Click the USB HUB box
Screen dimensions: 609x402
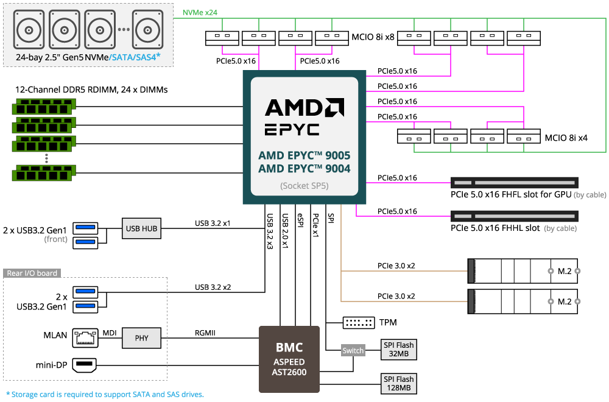coord(141,228)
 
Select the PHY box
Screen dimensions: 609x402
coord(141,338)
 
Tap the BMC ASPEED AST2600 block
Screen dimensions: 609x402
coord(289,359)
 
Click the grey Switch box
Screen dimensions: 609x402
coord(353,351)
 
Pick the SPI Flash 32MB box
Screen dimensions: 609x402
coord(398,350)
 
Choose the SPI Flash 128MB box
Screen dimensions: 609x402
coord(398,384)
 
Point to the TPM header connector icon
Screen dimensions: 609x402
coord(359,322)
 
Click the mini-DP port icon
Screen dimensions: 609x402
coord(85,365)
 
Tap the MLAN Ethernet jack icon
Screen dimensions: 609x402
coord(85,337)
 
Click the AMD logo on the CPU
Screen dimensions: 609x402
coord(304,108)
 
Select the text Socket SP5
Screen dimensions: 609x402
coord(304,186)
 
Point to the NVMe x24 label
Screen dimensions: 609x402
coord(200,12)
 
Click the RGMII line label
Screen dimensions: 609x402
coord(205,333)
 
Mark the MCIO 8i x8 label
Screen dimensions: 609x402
coord(373,37)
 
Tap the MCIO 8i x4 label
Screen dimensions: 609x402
coord(566,138)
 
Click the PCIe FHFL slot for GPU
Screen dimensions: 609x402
coord(514,183)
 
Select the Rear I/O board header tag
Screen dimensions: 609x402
coord(32,273)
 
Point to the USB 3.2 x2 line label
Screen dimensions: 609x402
coord(213,287)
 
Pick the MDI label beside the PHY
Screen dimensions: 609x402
coord(110,333)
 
